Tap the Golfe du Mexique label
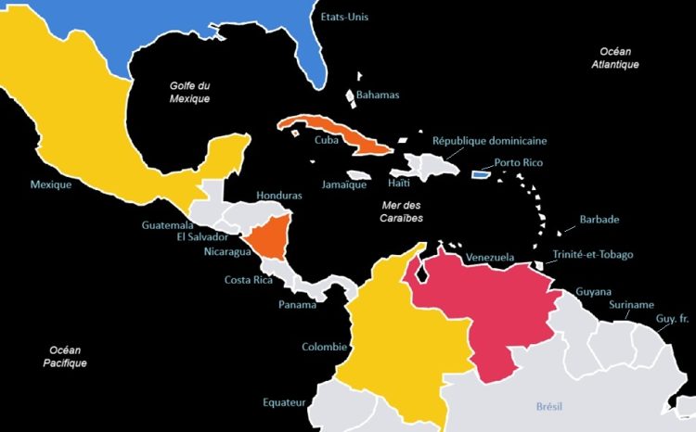click(189, 92)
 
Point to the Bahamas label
click(379, 95)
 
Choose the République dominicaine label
click(490, 141)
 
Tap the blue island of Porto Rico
click(481, 173)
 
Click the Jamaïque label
click(342, 184)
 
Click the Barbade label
click(599, 220)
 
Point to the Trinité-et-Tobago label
click(592, 255)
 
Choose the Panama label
click(298, 304)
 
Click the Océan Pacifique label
click(65, 356)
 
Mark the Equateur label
click(283, 403)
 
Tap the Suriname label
click(632, 305)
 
